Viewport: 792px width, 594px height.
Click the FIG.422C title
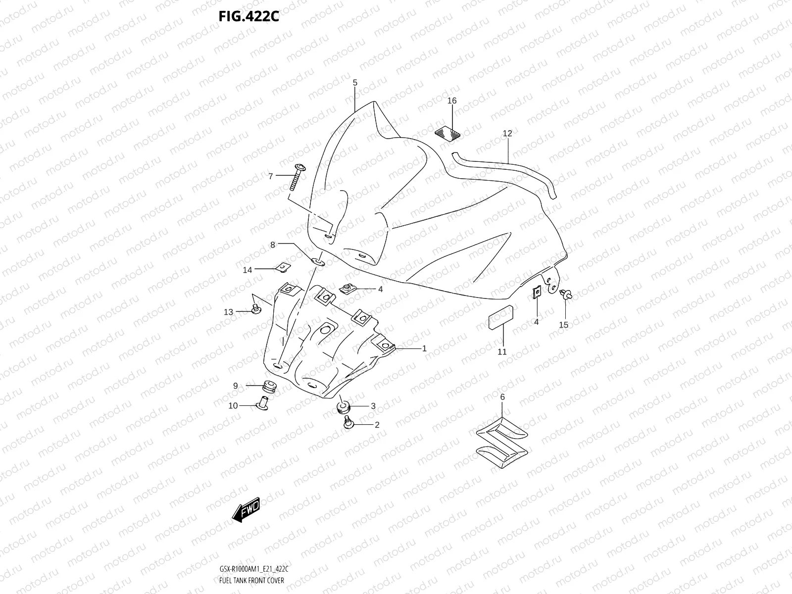click(x=249, y=17)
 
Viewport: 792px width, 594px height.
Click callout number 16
click(x=452, y=101)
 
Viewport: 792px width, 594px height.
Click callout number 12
click(x=507, y=133)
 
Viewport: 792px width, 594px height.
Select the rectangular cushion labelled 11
click(x=501, y=317)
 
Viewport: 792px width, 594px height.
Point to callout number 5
click(x=355, y=83)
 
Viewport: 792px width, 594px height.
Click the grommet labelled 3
click(x=343, y=407)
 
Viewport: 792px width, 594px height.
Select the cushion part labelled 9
click(x=269, y=386)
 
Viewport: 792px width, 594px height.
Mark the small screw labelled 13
click(x=255, y=310)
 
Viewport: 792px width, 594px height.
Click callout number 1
click(x=424, y=348)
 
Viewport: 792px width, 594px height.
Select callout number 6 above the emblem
click(x=502, y=397)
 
